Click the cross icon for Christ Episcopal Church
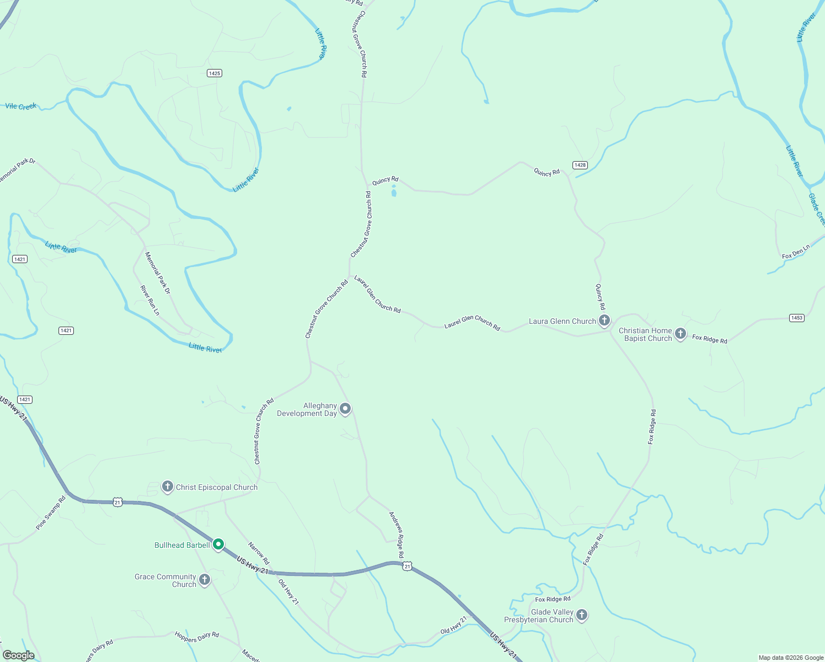pos(167,487)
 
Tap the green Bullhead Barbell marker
pos(218,544)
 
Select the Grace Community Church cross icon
pos(205,579)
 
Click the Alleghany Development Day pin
pos(345,409)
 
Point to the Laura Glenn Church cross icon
pos(604,321)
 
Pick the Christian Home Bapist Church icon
pos(681,333)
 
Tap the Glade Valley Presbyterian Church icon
pos(581,615)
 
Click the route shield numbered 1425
pos(215,73)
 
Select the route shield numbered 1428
pos(580,165)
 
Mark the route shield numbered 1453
pos(796,318)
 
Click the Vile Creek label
pos(21,106)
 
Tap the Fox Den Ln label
pos(796,252)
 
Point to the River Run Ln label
pos(149,300)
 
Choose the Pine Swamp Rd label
pos(51,513)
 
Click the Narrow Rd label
pos(258,553)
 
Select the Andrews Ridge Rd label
pos(397,535)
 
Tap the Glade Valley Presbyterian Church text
pos(539,616)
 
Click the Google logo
pos(18,655)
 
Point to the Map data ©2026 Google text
pos(791,658)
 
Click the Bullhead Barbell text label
pos(182,545)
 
